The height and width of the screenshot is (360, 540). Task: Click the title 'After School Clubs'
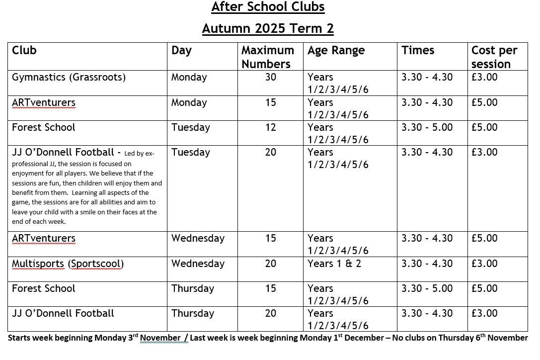268,7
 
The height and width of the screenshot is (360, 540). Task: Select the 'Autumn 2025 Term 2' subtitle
268,28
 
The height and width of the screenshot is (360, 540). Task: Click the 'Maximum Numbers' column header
267,57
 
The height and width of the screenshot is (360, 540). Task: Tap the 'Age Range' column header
336,51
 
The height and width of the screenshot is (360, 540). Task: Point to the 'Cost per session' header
494,57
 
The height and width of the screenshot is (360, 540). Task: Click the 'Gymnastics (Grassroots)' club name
69,78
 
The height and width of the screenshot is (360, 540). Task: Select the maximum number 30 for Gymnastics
270,78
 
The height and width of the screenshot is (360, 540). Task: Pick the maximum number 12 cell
270,128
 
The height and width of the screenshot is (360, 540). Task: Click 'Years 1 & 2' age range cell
334,264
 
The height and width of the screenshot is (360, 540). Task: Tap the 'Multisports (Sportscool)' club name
68,264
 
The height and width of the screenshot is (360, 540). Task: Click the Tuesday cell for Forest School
190,128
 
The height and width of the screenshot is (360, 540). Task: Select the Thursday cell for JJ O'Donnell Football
193,314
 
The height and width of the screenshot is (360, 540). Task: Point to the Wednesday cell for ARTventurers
198,239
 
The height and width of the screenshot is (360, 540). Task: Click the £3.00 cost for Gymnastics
484,78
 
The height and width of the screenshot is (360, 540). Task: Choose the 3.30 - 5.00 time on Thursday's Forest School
427,289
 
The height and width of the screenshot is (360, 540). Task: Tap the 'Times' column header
418,51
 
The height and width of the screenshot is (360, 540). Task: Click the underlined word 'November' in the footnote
160,338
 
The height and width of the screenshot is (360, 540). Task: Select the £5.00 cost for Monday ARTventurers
484,103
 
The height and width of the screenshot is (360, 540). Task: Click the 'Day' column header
181,51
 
